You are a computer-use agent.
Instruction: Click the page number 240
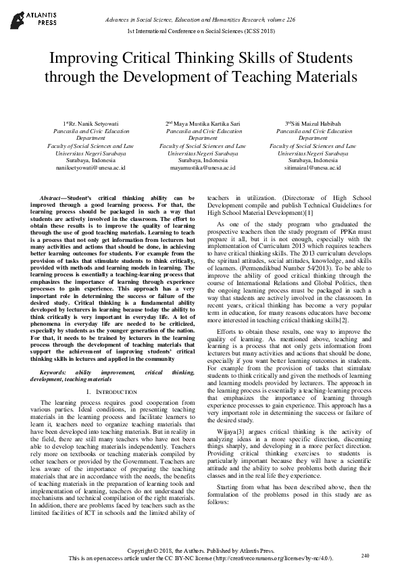coord(366,555)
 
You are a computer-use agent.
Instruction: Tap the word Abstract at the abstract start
coord(55,197)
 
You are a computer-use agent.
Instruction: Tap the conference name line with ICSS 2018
coord(201,32)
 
